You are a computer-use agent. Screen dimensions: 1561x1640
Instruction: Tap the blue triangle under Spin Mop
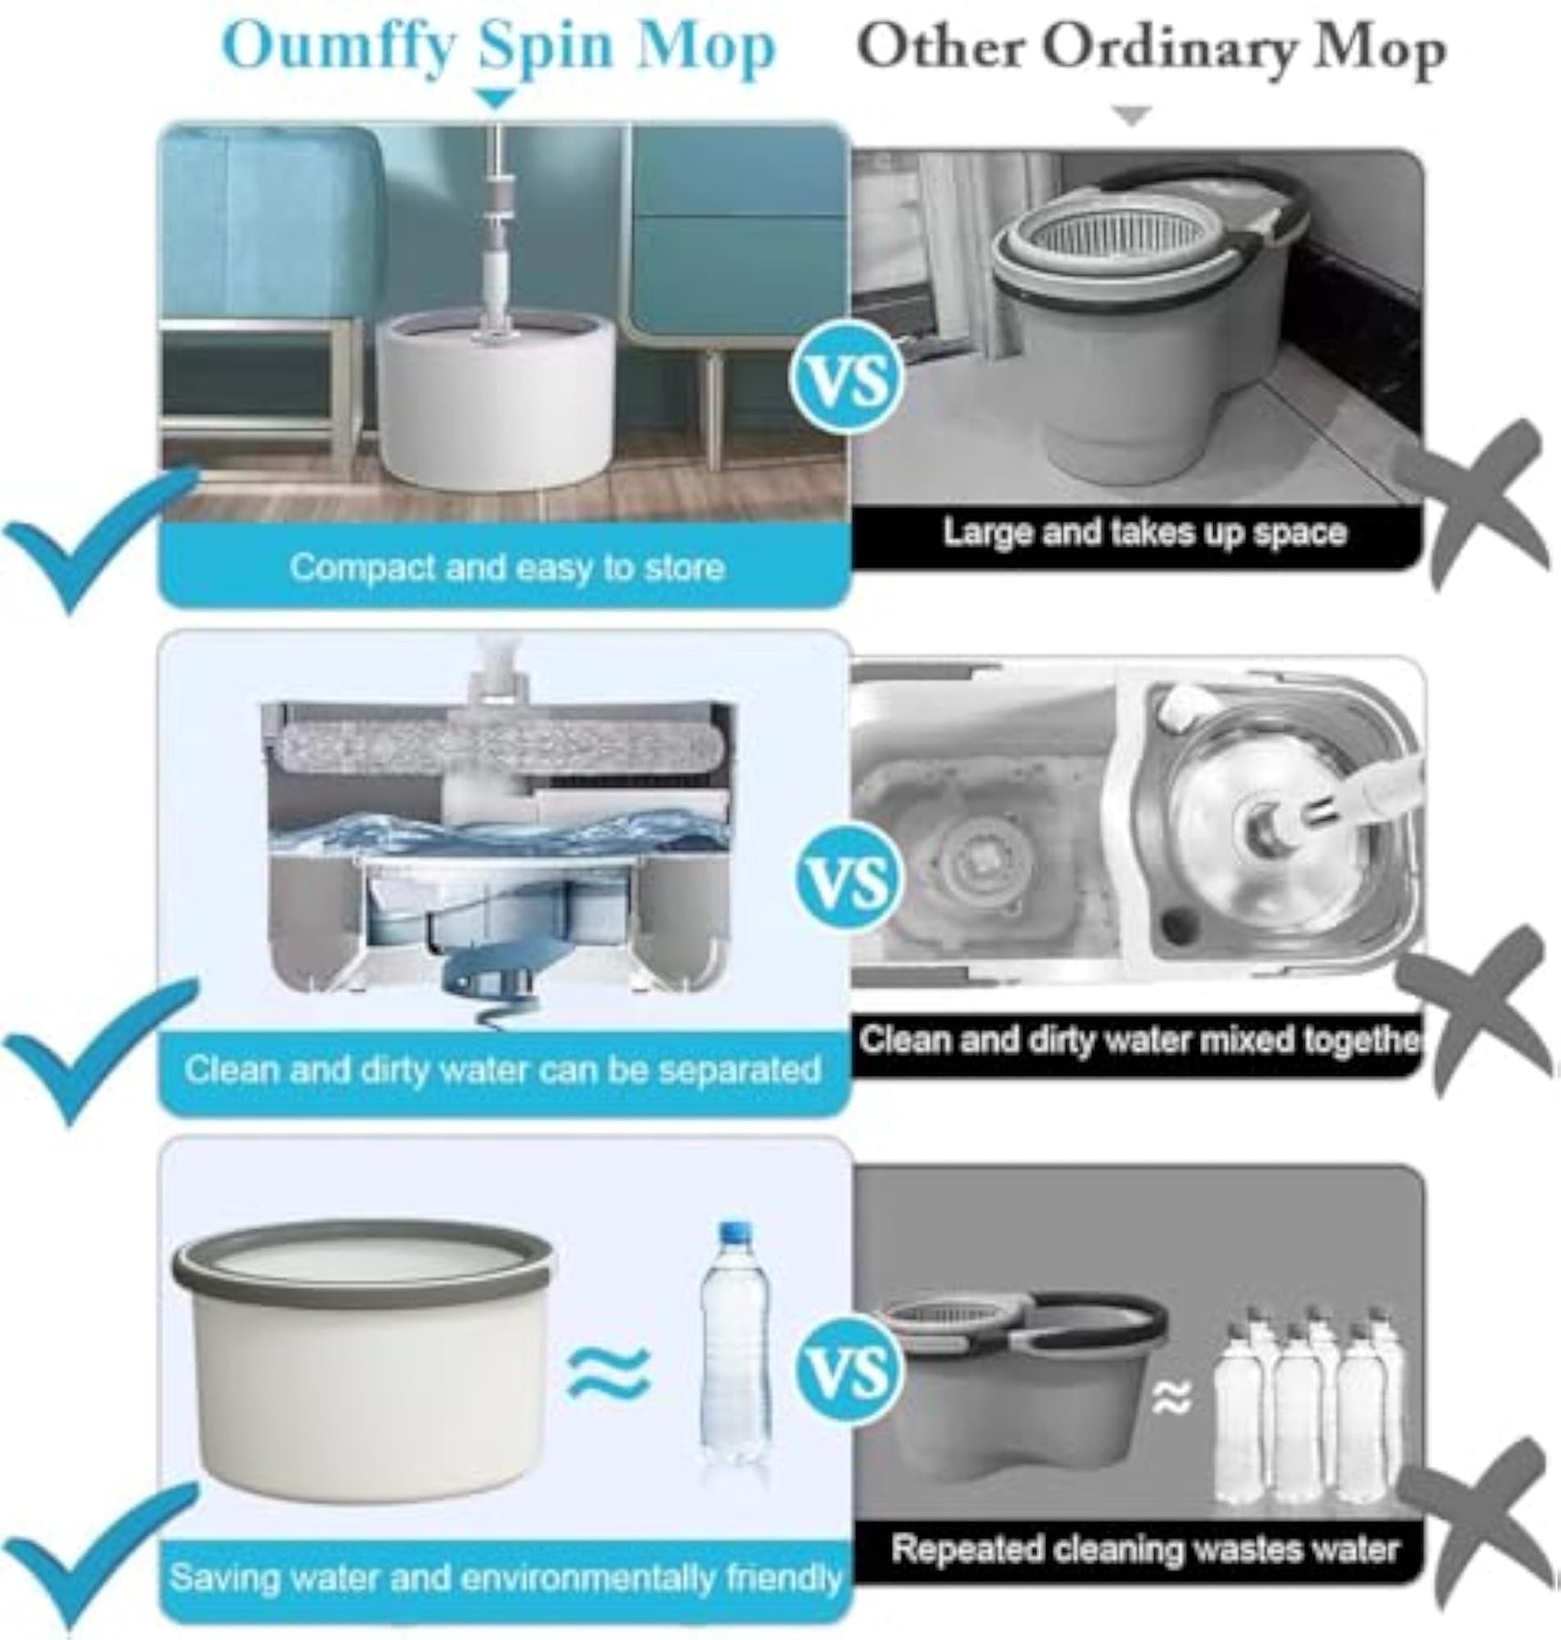pos(496,97)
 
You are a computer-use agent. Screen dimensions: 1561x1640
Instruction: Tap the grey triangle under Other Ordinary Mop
pos(1132,116)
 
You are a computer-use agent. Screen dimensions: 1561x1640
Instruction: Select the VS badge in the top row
pos(847,380)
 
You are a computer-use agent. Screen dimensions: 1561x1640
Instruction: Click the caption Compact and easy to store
pos(507,568)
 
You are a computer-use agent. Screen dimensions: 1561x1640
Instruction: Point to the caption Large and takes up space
pos(1144,532)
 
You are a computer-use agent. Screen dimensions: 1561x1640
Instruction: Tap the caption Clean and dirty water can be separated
pos(503,1069)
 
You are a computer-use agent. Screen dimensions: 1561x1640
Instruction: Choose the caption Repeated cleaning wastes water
pos(1145,1550)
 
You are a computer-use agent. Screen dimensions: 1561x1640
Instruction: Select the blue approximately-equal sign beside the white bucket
pos(609,1372)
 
